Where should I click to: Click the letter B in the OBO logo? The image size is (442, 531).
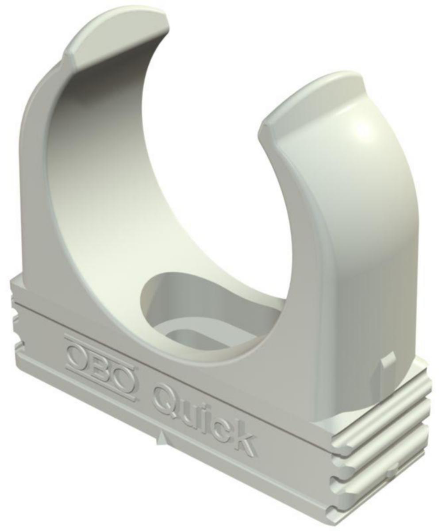click(x=101, y=367)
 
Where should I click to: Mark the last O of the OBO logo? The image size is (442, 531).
click(x=123, y=378)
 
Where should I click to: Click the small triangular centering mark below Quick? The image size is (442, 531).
click(x=162, y=439)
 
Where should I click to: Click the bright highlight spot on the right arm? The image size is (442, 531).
click(x=363, y=128)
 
